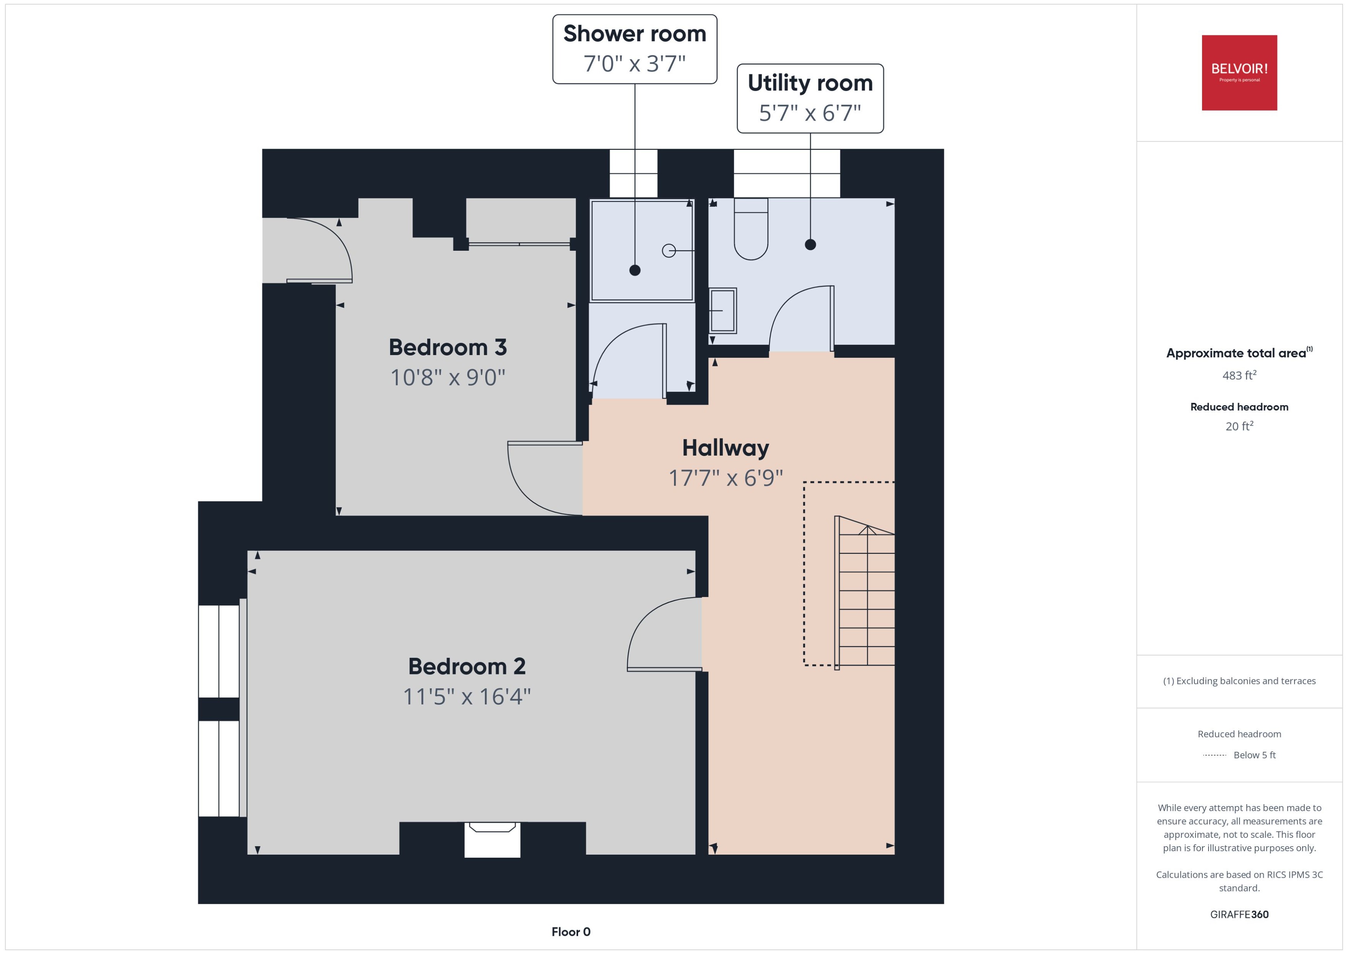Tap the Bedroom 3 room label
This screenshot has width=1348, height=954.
pos(448,347)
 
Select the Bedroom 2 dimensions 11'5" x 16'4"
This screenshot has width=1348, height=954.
pos(467,697)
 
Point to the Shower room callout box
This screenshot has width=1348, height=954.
pos(634,49)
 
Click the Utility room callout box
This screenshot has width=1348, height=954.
pos(810,98)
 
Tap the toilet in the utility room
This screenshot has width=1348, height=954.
pos(751,230)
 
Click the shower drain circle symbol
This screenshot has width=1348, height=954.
pos(669,251)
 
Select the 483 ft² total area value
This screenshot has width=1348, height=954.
pos(1239,376)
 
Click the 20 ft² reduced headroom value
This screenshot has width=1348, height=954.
pos(1239,426)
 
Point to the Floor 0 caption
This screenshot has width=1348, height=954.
pos(570,932)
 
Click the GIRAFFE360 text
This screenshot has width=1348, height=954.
pos(1239,915)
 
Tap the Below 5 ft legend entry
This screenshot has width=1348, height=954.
pos(1254,755)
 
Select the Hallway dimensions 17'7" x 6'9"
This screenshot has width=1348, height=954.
pos(725,478)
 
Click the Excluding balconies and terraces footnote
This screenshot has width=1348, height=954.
pos(1239,681)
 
